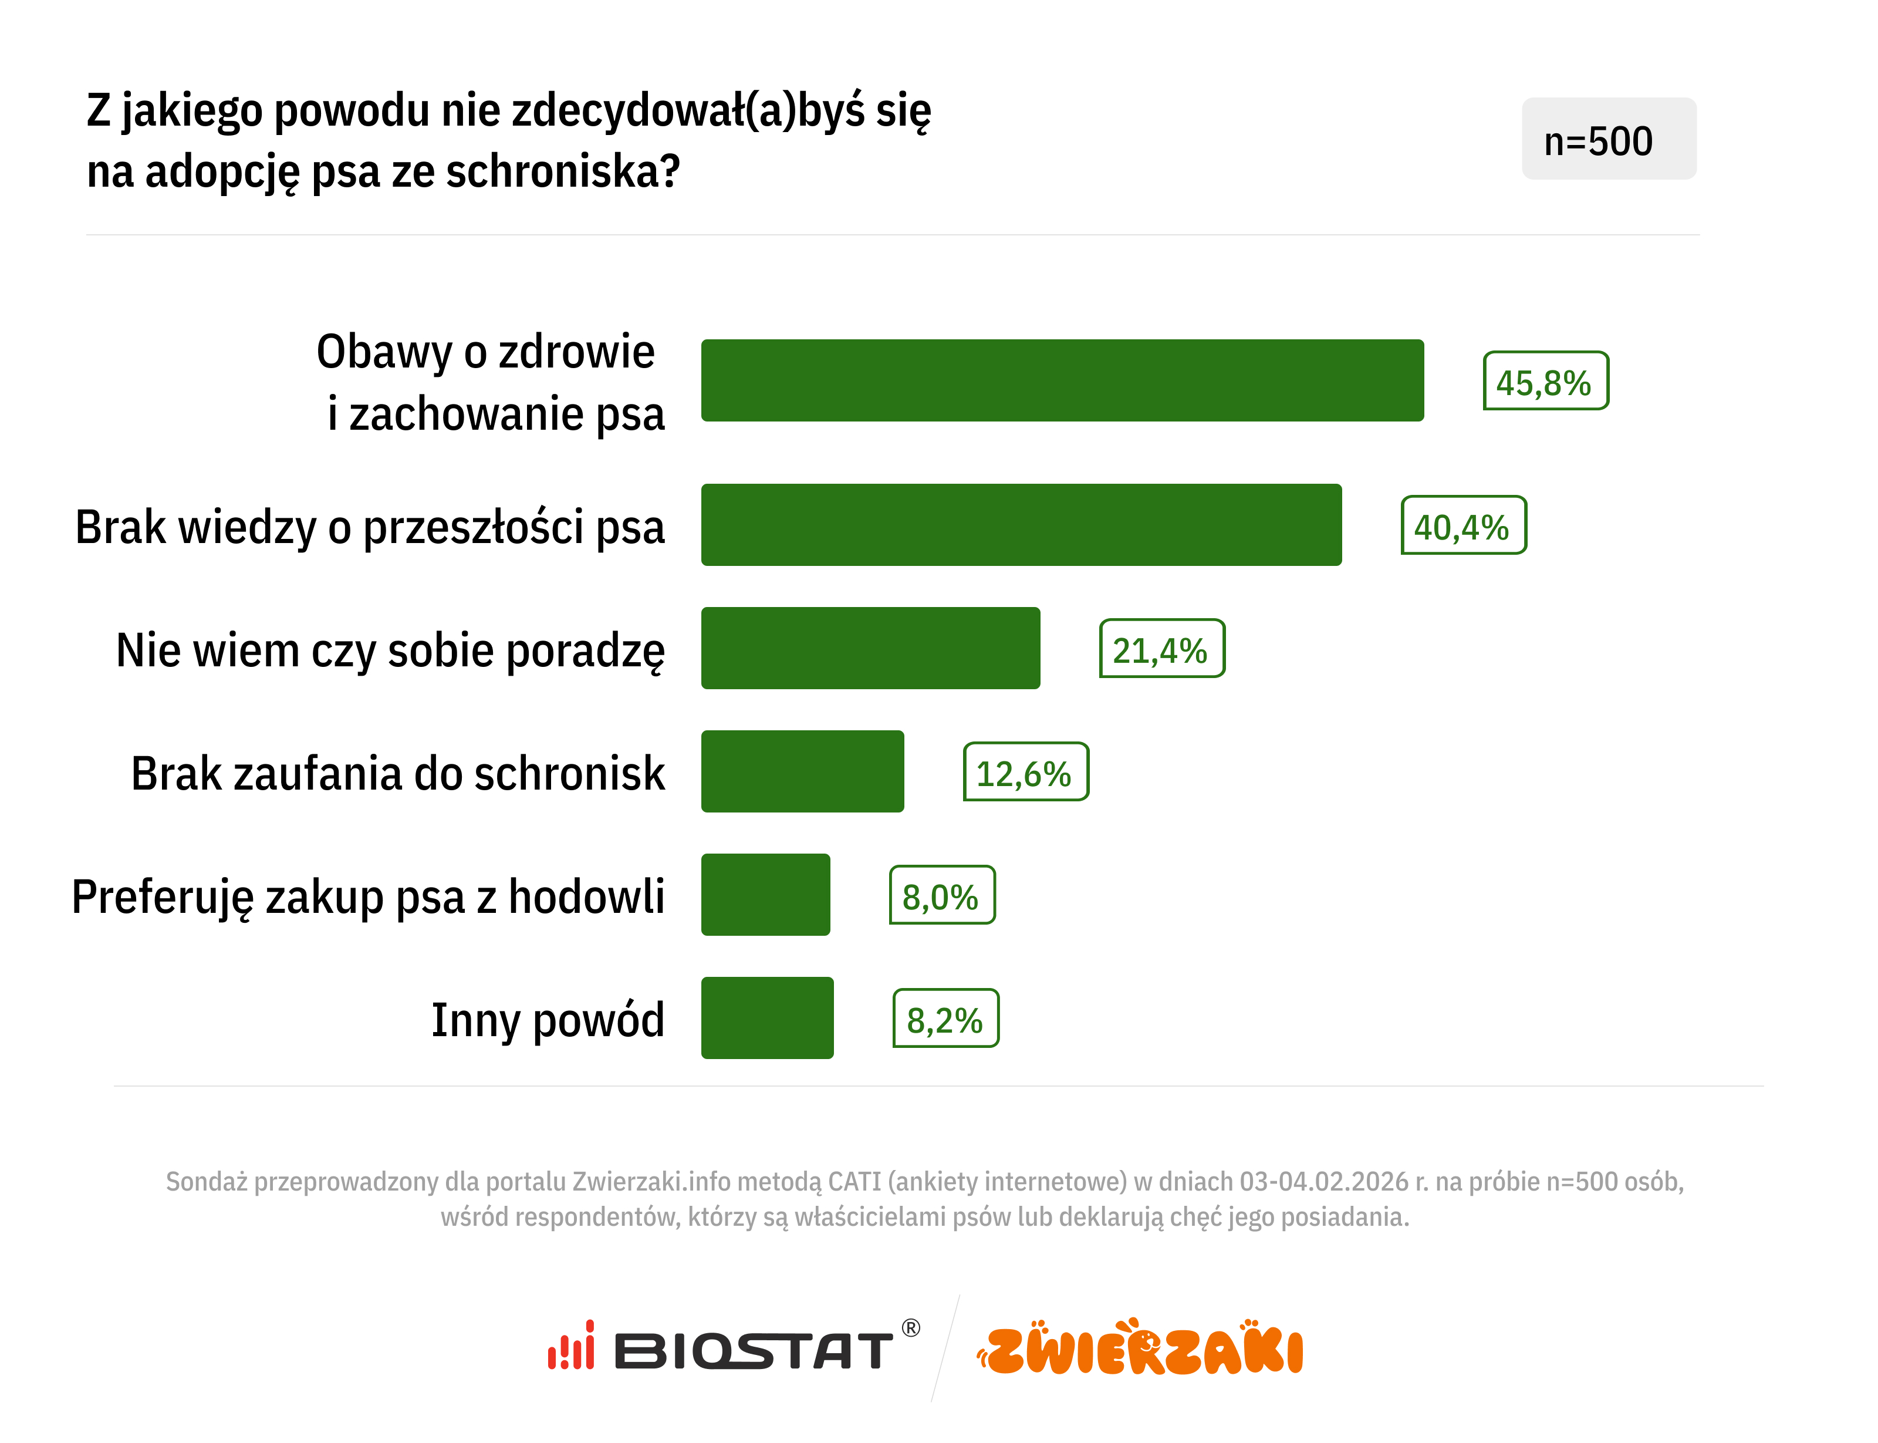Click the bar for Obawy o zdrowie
click(x=1062, y=380)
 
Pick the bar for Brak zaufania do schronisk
click(x=802, y=771)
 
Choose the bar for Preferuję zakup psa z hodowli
click(x=765, y=895)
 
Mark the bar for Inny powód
click(x=767, y=1018)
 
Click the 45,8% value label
click(x=1545, y=382)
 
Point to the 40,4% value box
click(x=1462, y=525)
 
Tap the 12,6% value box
click(x=1025, y=772)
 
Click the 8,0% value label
click(x=941, y=896)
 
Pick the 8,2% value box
click(x=945, y=1019)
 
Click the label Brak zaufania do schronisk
click(x=397, y=773)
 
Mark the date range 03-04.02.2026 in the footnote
click(x=1322, y=1182)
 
